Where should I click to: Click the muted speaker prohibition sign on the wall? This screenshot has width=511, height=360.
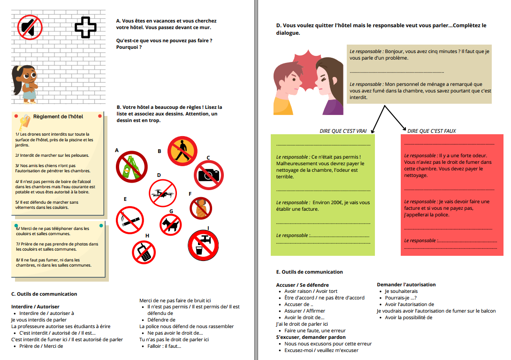click(x=30, y=26)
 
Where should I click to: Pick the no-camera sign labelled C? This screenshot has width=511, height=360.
click(x=209, y=173)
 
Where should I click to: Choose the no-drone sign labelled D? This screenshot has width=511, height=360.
click(x=164, y=192)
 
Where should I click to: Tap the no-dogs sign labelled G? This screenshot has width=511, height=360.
click(x=170, y=225)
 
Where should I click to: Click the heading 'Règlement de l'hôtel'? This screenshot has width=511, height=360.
click(x=58, y=116)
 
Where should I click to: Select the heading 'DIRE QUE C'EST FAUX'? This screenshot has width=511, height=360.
click(x=432, y=131)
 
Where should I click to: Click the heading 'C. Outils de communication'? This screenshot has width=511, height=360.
click(x=44, y=294)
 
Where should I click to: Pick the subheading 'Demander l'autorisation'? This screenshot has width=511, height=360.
click(x=406, y=284)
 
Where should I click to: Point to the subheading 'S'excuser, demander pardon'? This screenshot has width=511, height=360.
click(x=311, y=337)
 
